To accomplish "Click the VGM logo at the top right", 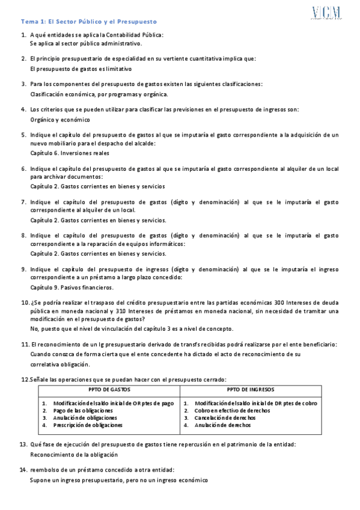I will click(326, 13).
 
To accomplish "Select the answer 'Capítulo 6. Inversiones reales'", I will click(70, 153).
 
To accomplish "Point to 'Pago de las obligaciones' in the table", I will click(87, 410).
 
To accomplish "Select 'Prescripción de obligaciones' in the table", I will click(91, 425).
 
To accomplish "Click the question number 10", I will click(25, 303).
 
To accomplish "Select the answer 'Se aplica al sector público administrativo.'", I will click(85, 44).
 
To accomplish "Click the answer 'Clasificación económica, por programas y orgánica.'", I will click(99, 94).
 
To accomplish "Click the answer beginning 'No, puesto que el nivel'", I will click(132, 329).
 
